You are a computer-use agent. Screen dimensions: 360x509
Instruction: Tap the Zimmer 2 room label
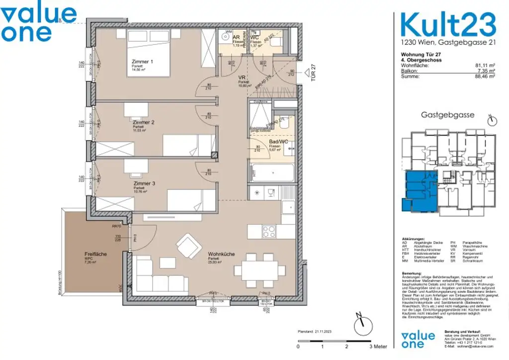[143, 122]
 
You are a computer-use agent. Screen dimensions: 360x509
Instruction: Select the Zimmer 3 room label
[144, 183]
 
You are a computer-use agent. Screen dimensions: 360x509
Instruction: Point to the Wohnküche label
[221, 254]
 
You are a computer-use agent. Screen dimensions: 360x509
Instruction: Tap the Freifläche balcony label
[95, 254]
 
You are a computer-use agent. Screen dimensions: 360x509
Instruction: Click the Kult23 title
[448, 24]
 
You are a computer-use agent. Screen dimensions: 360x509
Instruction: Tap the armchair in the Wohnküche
[189, 245]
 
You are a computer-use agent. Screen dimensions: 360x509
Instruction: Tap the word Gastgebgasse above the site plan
[447, 115]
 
